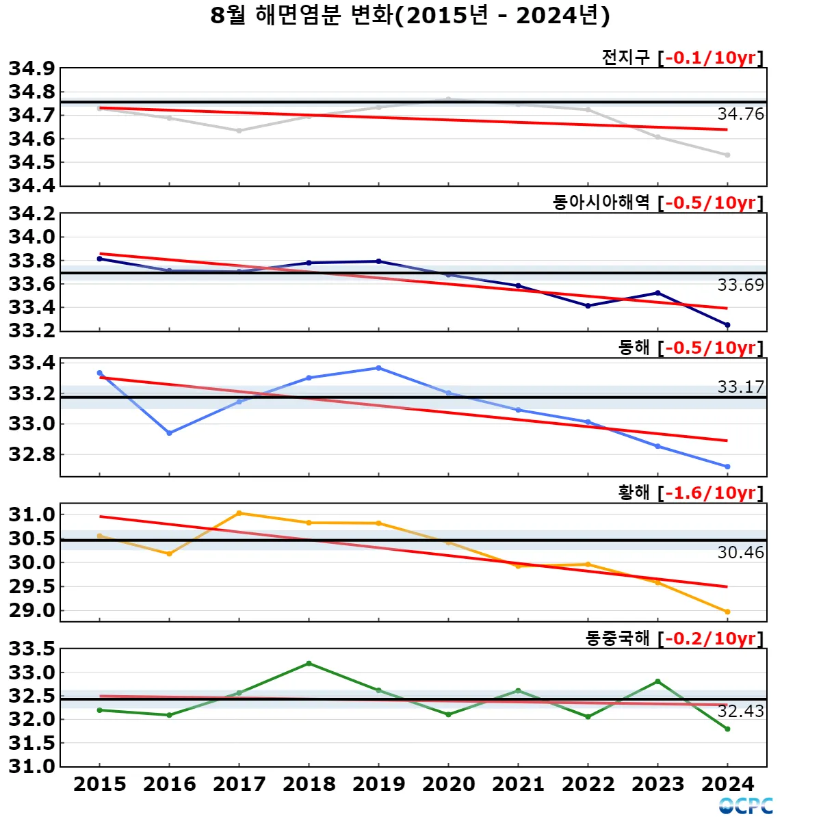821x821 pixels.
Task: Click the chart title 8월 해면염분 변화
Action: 410,15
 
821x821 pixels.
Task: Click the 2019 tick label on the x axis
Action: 378,784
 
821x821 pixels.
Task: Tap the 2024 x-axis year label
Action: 727,784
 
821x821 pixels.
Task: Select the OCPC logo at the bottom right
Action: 746,806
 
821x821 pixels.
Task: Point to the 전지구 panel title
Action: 625,57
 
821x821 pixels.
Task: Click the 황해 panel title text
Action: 634,493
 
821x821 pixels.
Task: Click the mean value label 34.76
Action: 740,114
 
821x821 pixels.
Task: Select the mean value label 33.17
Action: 740,387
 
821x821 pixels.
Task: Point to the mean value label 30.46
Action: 740,553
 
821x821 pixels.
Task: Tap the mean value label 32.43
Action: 740,712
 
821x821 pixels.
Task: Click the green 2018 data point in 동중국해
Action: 309,663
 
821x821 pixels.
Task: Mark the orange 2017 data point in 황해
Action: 239,513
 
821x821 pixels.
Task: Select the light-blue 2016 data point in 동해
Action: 169,433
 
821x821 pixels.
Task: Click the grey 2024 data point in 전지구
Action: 727,155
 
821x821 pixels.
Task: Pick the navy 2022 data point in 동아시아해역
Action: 588,306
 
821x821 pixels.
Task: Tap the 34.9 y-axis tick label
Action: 31,68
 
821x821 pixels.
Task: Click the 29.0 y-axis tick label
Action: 31,610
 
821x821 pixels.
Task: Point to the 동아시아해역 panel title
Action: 601,203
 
